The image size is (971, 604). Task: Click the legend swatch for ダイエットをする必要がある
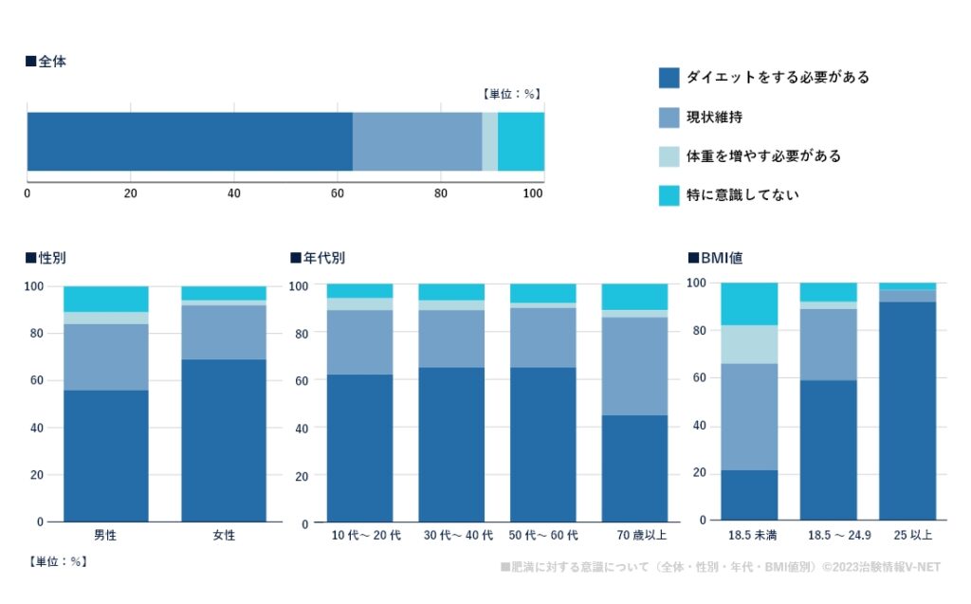[x=669, y=78]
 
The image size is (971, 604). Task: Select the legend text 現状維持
[x=714, y=118]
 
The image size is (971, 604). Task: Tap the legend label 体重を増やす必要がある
[x=763, y=156]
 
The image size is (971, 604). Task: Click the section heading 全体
[x=52, y=62]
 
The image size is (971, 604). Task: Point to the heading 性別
[x=52, y=258]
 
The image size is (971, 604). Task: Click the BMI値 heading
[x=722, y=258]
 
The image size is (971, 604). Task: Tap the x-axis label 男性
[x=105, y=535]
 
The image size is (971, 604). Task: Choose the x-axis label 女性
[x=224, y=535]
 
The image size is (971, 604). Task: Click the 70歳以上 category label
[x=634, y=536]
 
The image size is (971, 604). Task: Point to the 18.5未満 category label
[x=749, y=536]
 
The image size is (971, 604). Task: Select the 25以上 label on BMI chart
[x=907, y=536]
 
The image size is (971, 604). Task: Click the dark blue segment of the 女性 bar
[x=224, y=441]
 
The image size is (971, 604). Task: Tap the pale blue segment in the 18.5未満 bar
[x=749, y=345]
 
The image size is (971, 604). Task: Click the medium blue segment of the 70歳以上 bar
[x=634, y=366]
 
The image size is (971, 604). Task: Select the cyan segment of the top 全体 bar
[x=521, y=142]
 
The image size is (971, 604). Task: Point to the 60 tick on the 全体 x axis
[x=338, y=193]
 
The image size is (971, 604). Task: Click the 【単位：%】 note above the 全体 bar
[x=511, y=94]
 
